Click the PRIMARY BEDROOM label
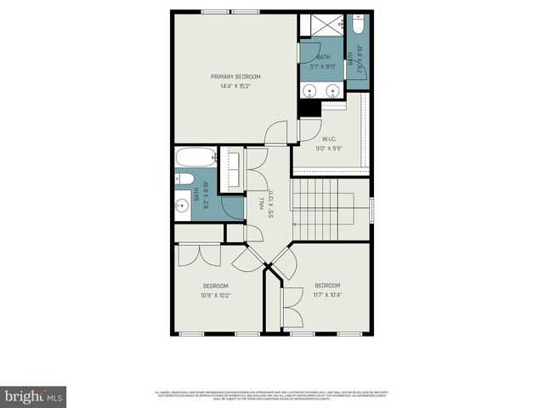(235, 76)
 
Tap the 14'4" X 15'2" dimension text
(235, 86)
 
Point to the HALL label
(260, 204)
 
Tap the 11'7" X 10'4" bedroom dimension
(327, 295)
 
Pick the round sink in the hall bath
(181, 206)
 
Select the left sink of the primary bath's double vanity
(309, 90)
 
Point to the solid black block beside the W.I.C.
(309, 108)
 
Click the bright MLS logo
(34, 395)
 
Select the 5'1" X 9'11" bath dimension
(323, 66)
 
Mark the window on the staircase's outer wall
(372, 209)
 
